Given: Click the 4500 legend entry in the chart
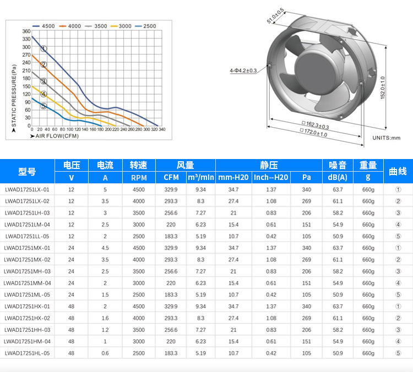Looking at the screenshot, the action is [x=44, y=26].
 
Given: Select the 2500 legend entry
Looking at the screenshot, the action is [x=145, y=26].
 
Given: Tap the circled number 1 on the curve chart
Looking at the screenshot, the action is [x=44, y=48].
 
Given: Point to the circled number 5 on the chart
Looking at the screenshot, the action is [x=44, y=106].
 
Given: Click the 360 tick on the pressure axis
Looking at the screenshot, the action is [x=26, y=31].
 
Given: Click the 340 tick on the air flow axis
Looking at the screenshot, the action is [x=162, y=129].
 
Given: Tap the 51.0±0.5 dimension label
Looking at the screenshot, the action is [x=275, y=16].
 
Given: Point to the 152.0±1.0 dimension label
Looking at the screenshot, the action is [x=383, y=87].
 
